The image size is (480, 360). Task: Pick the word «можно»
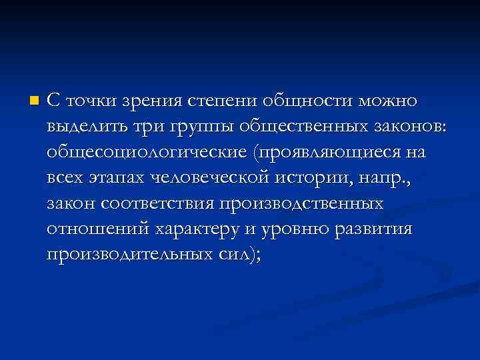click(388, 101)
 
